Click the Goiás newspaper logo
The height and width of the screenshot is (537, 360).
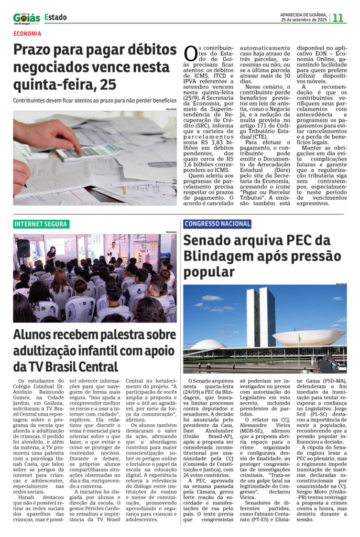26,18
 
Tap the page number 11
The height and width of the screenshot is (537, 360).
338,18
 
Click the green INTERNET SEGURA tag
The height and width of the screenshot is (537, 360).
41,224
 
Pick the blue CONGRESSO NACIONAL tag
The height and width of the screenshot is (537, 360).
217,224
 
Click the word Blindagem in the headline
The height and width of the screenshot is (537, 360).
217,257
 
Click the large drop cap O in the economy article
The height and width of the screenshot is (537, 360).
191,53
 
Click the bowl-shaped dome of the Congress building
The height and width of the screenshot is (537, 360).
309,337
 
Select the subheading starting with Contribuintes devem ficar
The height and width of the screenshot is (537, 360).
94,100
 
